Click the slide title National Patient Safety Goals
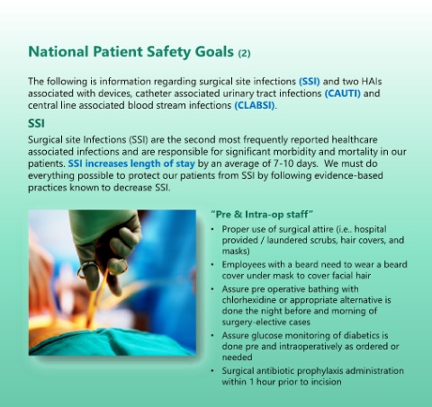[130, 52]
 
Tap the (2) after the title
[244, 53]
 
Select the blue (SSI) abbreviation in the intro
[310, 82]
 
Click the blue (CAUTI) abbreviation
[342, 93]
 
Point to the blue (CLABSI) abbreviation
[255, 105]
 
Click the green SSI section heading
[36, 123]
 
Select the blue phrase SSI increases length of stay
[131, 164]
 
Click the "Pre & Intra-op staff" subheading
[262, 215]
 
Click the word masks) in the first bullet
[236, 251]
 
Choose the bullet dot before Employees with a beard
[212, 265]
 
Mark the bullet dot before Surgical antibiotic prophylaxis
[212, 371]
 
